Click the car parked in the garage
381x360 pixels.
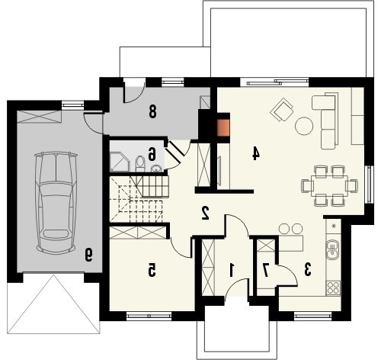tap(56, 203)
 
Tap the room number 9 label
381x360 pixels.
tap(89, 255)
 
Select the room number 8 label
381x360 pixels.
tap(152, 111)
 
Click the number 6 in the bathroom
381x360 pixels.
tap(152, 155)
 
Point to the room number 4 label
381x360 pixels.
tap(256, 154)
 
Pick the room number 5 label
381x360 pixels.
tap(152, 270)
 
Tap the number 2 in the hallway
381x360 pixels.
tap(205, 213)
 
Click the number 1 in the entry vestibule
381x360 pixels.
tap(232, 270)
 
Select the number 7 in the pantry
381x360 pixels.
tap(266, 270)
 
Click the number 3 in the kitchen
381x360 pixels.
tap(308, 270)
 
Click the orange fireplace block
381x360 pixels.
tap(223, 127)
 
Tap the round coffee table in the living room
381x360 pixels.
tap(304, 126)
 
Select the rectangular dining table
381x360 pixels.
tap(329, 185)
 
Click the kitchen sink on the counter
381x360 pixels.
tap(332, 250)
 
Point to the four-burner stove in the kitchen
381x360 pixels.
tap(334, 288)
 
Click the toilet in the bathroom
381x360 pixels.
tap(140, 164)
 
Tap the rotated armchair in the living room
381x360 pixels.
tap(282, 111)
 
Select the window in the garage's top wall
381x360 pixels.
tap(73, 104)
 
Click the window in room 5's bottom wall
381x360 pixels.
tap(149, 317)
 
